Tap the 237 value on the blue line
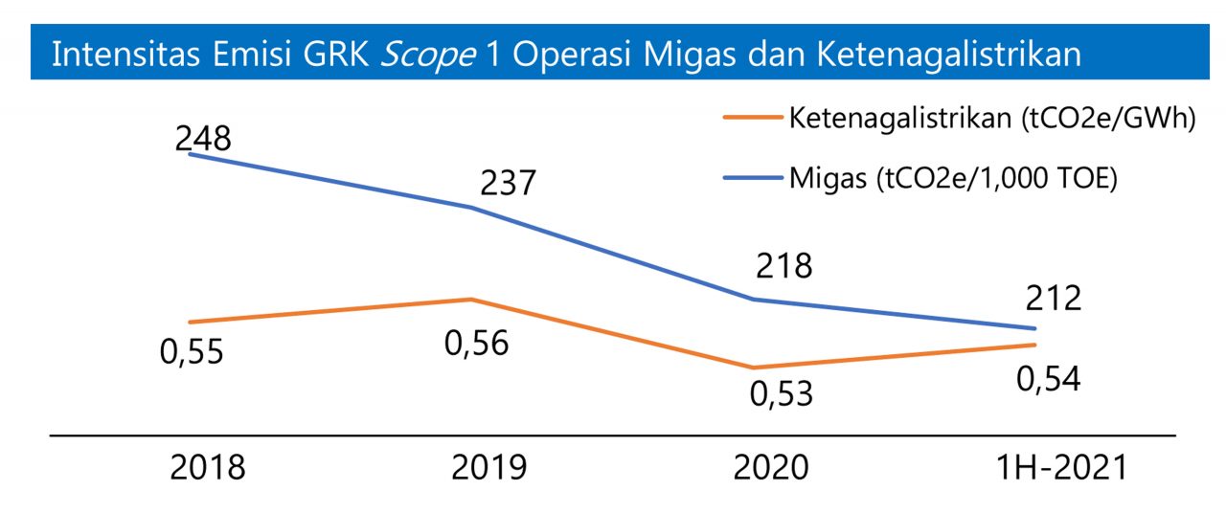pyautogui.click(x=508, y=183)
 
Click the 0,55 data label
pyautogui.click(x=192, y=352)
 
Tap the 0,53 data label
pyautogui.click(x=781, y=393)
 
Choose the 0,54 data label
pyautogui.click(x=1049, y=380)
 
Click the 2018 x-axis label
pyautogui.click(x=208, y=467)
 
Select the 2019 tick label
pyautogui.click(x=488, y=467)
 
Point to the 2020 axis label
pyautogui.click(x=771, y=467)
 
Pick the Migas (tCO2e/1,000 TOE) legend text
pyautogui.click(x=954, y=179)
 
